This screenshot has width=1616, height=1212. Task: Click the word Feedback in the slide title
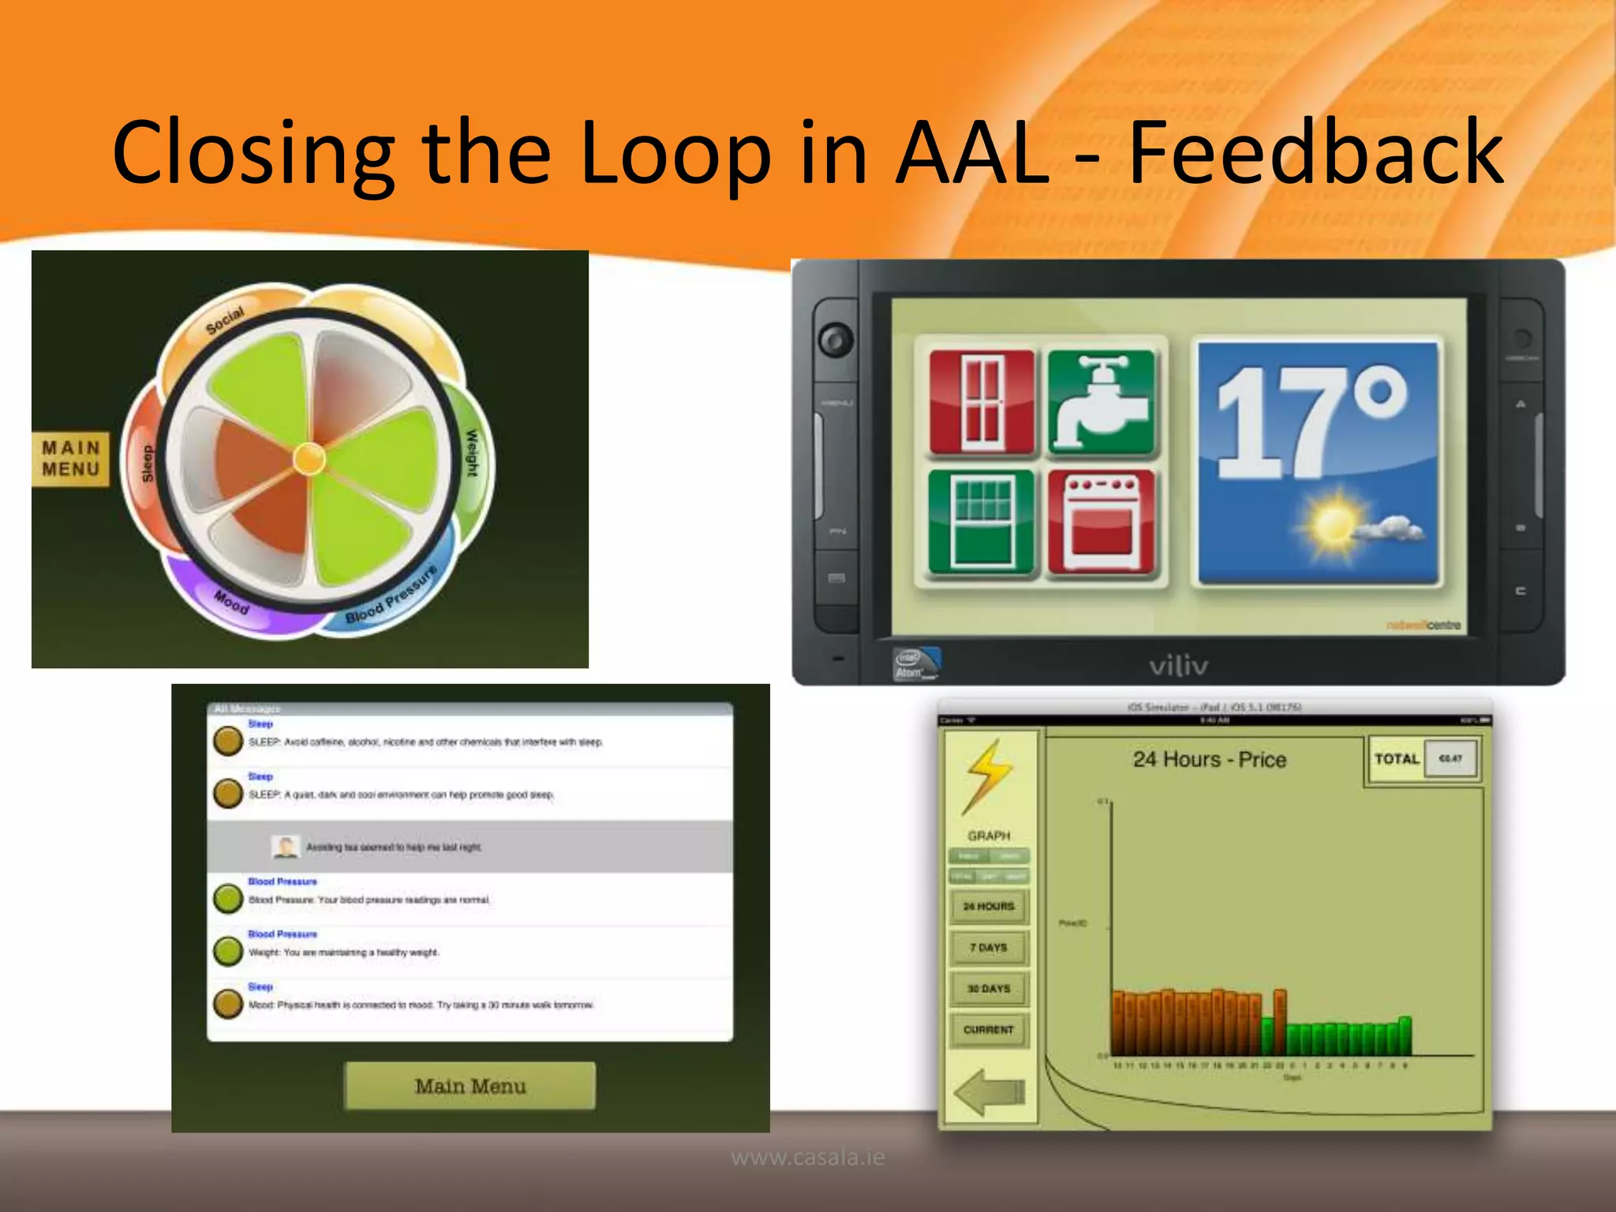click(x=1315, y=152)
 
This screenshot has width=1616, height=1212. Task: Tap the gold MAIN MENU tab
click(x=71, y=458)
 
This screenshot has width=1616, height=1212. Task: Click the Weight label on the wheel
click(x=471, y=453)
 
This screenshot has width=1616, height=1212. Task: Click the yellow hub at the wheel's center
click(x=309, y=458)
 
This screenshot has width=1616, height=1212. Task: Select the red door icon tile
click(x=982, y=402)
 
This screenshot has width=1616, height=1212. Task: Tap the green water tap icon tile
click(x=1102, y=402)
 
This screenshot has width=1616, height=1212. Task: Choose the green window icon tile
click(x=982, y=522)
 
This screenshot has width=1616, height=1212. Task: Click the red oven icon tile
click(x=1102, y=522)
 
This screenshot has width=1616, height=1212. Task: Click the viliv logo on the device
click(x=1178, y=666)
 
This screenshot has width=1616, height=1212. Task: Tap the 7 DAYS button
click(x=989, y=947)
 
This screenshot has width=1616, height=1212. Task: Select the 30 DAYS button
click(x=989, y=988)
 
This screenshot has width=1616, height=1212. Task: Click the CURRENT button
click(x=989, y=1029)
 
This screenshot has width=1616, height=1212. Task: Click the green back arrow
click(x=989, y=1092)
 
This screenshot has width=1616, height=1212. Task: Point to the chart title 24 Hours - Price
click(x=1210, y=759)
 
